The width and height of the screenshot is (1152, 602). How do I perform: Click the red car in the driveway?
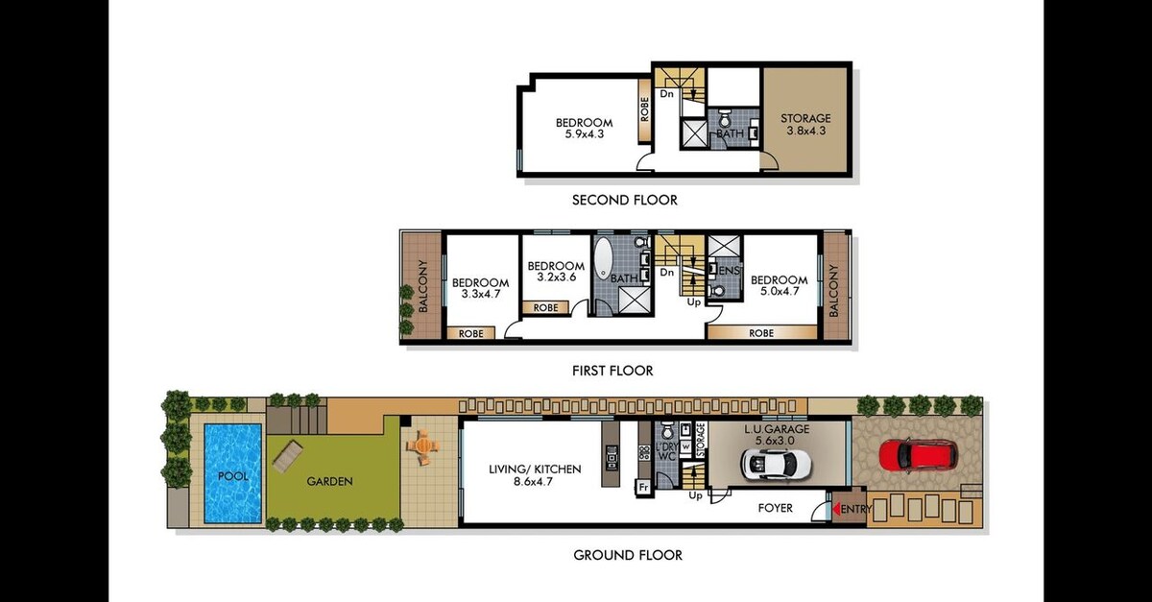coord(919,454)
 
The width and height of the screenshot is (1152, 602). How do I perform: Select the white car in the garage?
coord(776,462)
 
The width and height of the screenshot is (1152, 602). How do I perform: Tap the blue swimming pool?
coord(233,473)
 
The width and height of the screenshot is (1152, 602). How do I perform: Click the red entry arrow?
coord(836,509)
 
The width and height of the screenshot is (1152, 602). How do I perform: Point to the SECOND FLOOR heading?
coord(625,200)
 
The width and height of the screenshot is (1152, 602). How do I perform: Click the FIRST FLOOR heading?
coord(612,371)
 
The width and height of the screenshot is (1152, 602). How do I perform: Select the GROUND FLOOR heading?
coord(628,555)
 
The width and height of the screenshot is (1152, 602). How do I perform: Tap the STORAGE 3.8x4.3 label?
coord(805,125)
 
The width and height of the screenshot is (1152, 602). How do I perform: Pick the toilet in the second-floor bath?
coord(725,118)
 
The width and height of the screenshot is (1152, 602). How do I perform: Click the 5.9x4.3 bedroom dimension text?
coord(585,134)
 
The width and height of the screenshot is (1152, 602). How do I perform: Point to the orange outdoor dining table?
coord(422,446)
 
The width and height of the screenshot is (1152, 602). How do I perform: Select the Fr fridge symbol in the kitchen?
coord(643,487)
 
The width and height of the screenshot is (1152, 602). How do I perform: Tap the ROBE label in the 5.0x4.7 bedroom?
coord(761,333)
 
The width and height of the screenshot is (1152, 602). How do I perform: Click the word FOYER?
coord(776,508)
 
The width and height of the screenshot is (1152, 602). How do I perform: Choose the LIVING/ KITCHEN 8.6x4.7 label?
coord(535,475)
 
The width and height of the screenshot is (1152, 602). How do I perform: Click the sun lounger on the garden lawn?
coord(289,457)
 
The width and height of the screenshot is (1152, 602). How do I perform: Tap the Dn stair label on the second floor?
coord(666,94)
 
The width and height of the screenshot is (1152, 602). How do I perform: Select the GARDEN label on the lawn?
coord(329,482)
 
